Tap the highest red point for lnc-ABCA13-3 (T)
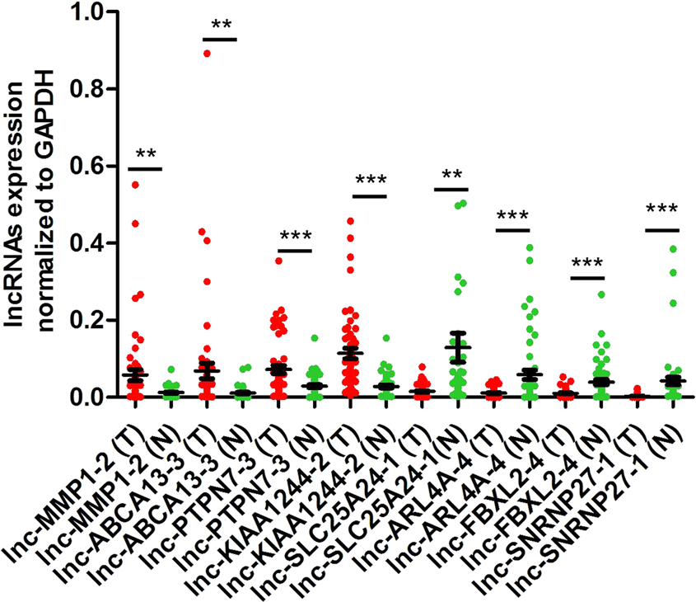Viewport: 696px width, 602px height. (207, 53)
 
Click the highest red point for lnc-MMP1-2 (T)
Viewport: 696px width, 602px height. (135, 185)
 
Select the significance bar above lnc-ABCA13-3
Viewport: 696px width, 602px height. (220, 39)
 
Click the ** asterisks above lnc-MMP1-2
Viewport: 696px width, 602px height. (146, 154)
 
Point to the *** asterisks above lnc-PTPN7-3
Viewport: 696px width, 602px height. (296, 236)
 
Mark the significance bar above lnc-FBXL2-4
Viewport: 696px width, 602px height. (587, 278)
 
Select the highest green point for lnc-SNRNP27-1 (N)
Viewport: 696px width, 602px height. (675, 249)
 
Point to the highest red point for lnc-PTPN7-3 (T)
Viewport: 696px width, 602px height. (279, 261)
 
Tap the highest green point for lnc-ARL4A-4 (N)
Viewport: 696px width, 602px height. (530, 247)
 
